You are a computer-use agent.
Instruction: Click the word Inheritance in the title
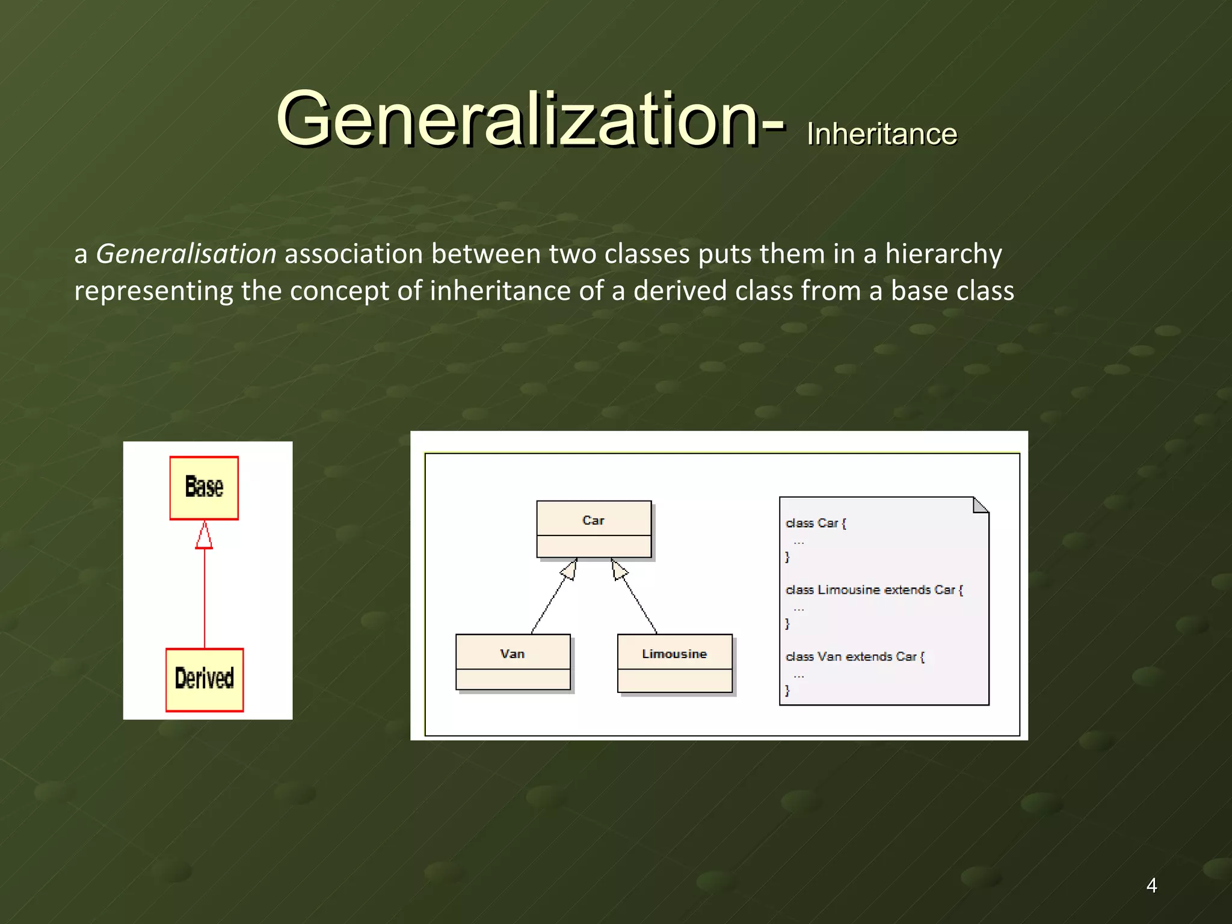881,134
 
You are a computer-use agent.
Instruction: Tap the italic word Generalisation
186,254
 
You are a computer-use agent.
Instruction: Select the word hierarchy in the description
943,254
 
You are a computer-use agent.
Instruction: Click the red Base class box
204,487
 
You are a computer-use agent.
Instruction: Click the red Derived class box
205,679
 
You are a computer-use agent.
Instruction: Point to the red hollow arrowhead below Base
204,536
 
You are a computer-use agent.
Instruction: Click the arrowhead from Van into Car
570,568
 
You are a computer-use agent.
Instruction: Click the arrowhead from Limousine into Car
618,569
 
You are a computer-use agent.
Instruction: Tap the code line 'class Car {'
815,523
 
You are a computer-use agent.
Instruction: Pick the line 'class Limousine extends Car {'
873,590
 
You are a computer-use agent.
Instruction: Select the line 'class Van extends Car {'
854,657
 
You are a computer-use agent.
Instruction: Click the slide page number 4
1151,885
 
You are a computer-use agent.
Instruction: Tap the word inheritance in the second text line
499,291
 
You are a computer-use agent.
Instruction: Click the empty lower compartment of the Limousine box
674,680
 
